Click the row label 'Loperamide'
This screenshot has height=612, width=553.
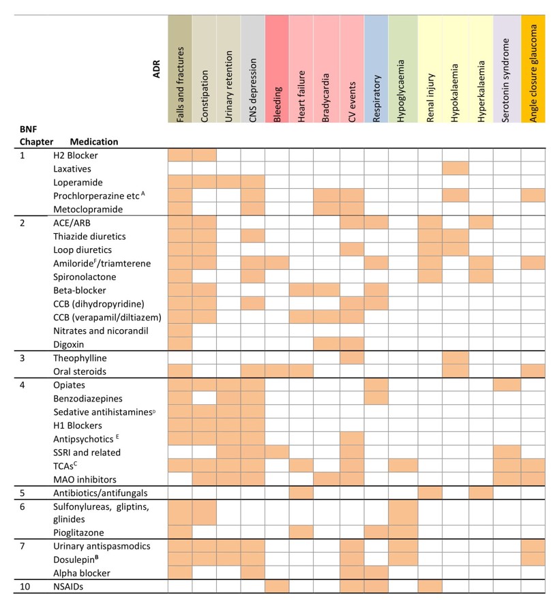coord(78,182)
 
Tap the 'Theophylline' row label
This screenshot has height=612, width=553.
coord(80,358)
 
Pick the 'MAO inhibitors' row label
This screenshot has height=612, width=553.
coord(85,479)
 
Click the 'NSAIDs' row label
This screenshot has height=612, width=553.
coord(68,587)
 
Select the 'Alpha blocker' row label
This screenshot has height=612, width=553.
coord(81,573)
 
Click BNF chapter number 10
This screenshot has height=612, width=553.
coord(25,587)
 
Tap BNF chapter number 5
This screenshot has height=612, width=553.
coord(22,493)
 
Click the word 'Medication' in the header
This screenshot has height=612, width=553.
coord(94,142)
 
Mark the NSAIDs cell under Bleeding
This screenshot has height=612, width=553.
coord(277,587)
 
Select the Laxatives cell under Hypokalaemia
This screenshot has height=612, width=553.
coord(455,168)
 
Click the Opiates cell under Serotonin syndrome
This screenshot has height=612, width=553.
coord(506,385)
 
